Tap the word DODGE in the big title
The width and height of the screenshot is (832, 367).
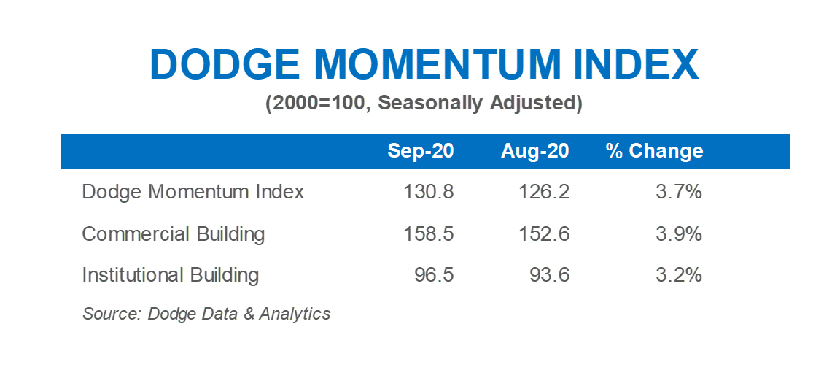click(225, 65)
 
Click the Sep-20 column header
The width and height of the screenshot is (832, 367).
click(421, 151)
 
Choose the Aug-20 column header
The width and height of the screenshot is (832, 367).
click(535, 151)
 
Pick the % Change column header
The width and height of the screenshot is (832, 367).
click(654, 151)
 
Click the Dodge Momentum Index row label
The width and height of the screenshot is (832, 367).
click(193, 191)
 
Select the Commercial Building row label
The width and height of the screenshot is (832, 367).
click(173, 233)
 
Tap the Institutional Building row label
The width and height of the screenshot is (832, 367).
click(171, 275)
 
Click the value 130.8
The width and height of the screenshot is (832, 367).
click(428, 192)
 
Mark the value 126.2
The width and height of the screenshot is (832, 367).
click(545, 192)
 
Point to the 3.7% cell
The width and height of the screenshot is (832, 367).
click(679, 192)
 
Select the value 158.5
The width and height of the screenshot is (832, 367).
click(428, 234)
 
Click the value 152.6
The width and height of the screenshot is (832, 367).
click(545, 234)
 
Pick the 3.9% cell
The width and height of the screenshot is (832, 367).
click(679, 234)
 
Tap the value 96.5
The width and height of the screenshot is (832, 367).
click(434, 276)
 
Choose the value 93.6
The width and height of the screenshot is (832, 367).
click(550, 276)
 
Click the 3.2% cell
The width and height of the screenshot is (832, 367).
click(679, 276)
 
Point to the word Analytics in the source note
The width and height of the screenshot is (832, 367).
click(295, 314)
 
